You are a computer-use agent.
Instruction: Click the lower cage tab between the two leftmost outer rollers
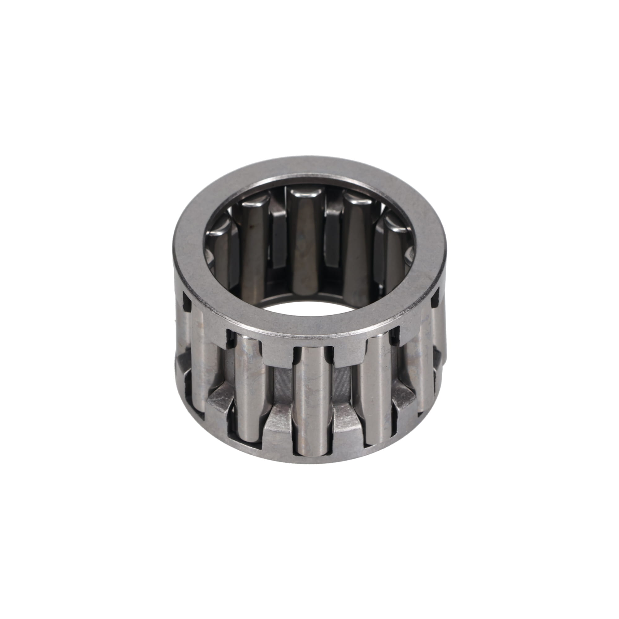tap(220, 400)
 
